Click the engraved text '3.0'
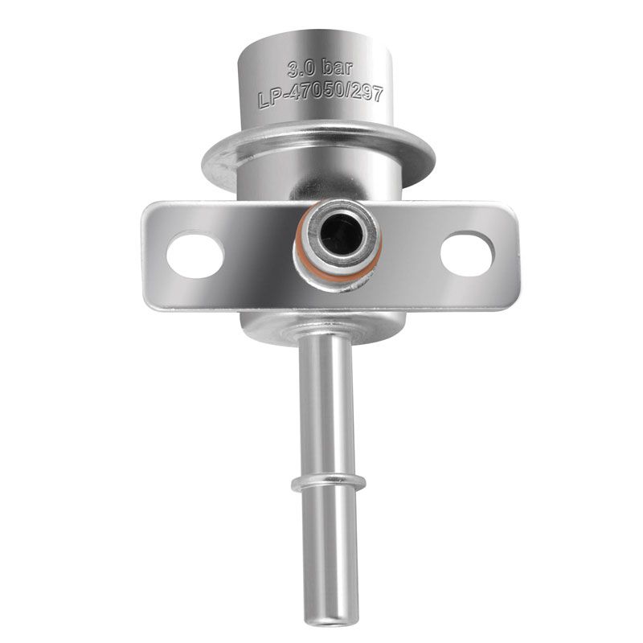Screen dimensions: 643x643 [x=301, y=69]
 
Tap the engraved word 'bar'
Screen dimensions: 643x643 [x=337, y=68]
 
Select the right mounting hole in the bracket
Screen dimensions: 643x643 [x=468, y=253]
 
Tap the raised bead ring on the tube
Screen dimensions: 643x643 [x=329, y=484]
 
